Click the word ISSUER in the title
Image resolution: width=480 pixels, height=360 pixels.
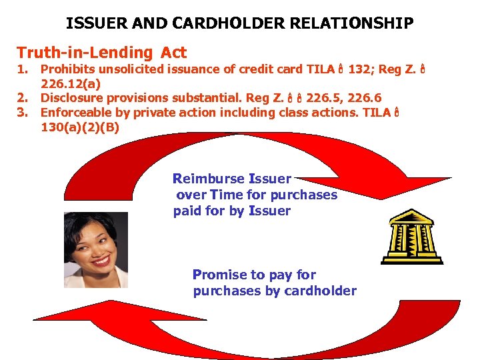pyautogui.click(x=91, y=24)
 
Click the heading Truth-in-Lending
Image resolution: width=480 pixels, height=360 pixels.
pyautogui.click(x=85, y=53)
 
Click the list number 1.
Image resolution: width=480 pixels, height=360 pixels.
pyautogui.click(x=23, y=69)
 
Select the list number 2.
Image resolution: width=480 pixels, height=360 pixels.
pyautogui.click(x=23, y=99)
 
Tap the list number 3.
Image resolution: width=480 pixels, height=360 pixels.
pyautogui.click(x=23, y=113)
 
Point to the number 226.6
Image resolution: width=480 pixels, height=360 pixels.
pyautogui.click(x=360, y=99)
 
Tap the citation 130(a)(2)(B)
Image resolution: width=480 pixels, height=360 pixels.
pyautogui.click(x=80, y=127)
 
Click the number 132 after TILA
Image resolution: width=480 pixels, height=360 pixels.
pyautogui.click(x=360, y=69)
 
